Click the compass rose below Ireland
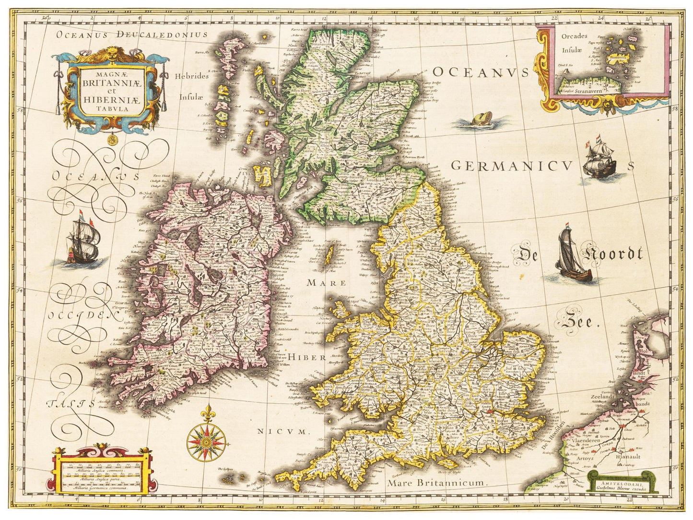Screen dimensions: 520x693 [207, 438]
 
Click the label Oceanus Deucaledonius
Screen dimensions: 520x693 [131, 35]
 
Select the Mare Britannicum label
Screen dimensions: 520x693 [437, 482]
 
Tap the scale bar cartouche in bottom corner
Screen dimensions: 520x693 [103, 472]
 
